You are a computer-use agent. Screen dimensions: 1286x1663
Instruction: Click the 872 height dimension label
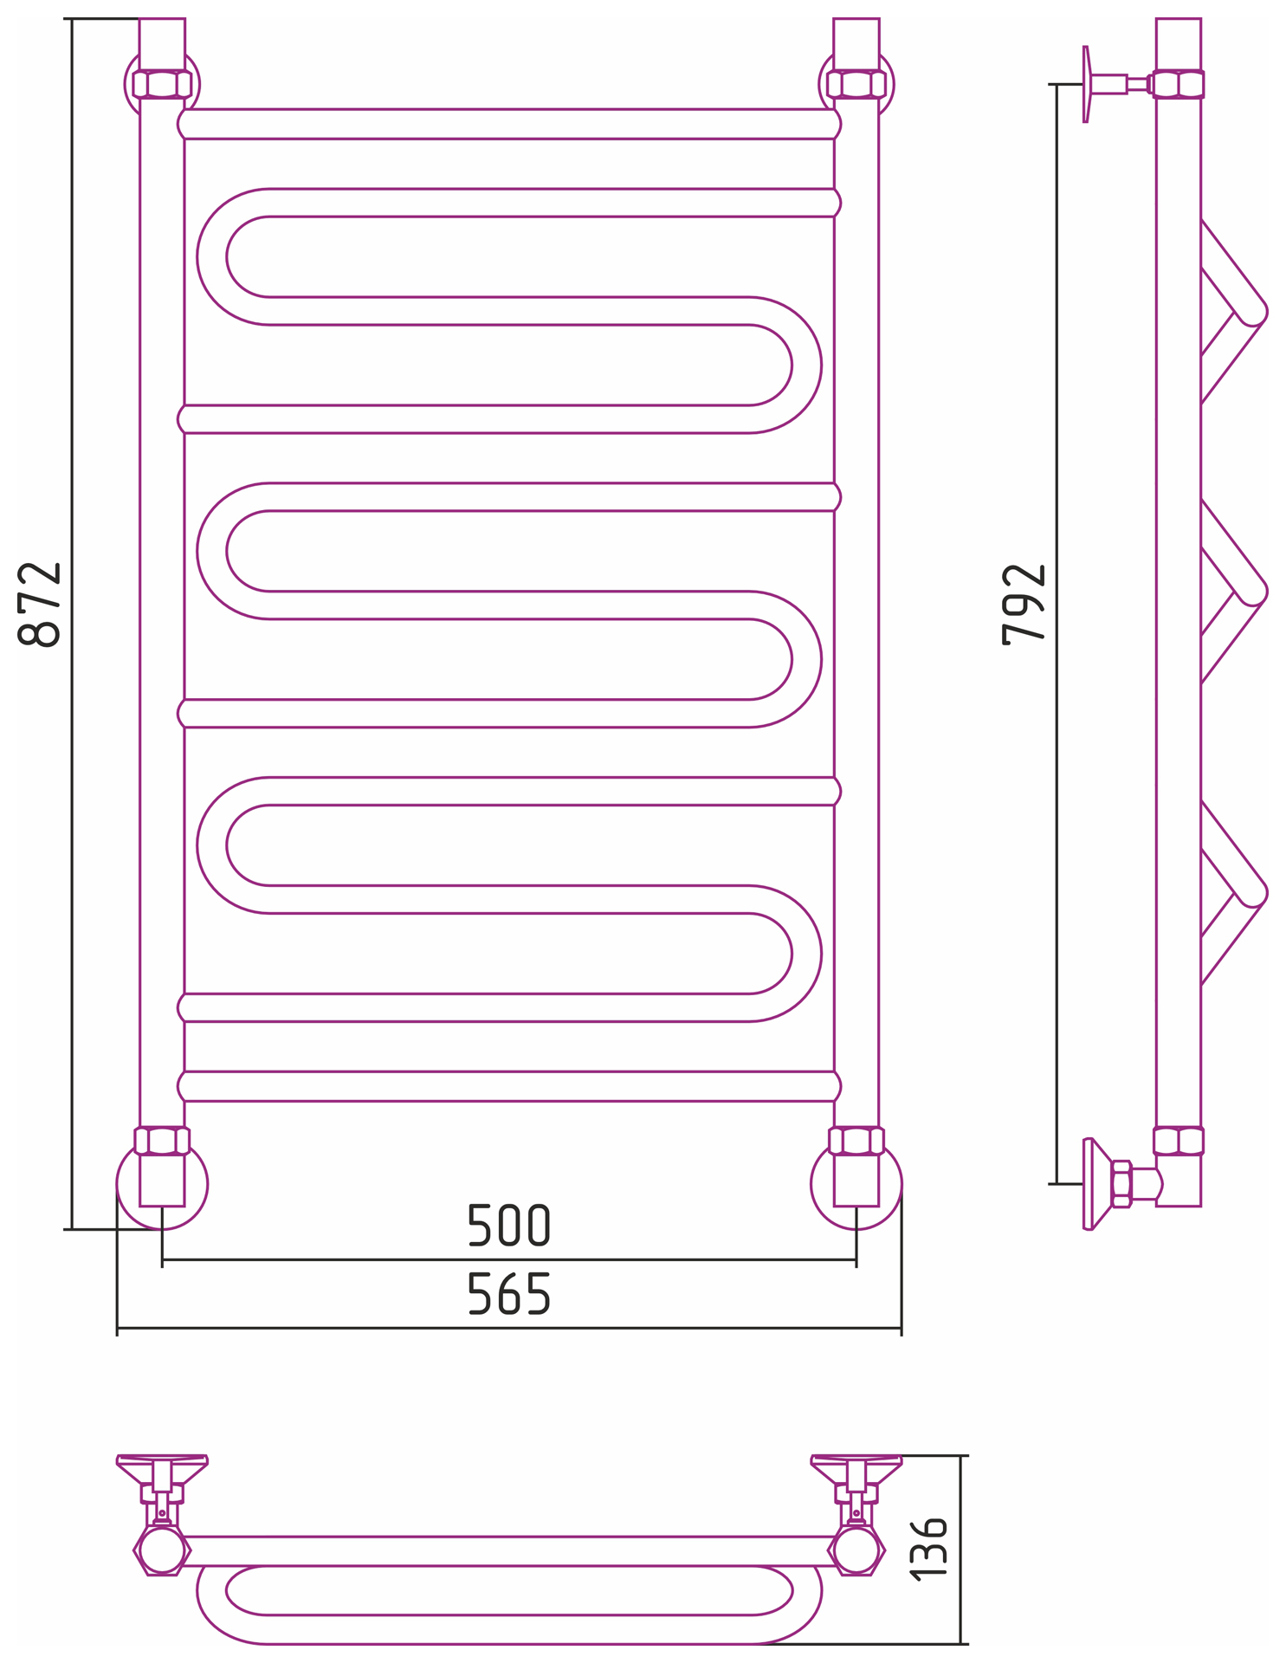pyautogui.click(x=40, y=604)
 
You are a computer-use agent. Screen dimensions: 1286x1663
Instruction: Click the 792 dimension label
pyautogui.click(x=1024, y=605)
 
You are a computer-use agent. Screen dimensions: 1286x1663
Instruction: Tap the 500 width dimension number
pyautogui.click(x=509, y=1225)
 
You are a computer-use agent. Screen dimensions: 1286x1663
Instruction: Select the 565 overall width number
pyautogui.click(x=509, y=1294)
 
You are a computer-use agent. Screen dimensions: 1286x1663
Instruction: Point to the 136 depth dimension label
pyautogui.click(x=929, y=1550)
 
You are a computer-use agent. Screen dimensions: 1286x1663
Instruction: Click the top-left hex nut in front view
pyautogui.click(x=162, y=84)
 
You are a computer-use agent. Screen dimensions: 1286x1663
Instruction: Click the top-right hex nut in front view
pyautogui.click(x=856, y=84)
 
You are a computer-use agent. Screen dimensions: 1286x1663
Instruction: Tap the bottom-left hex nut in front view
pyautogui.click(x=162, y=1141)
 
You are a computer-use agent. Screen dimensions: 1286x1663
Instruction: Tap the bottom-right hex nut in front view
pyautogui.click(x=856, y=1141)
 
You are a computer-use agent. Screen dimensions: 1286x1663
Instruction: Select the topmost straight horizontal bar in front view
pyautogui.click(x=509, y=124)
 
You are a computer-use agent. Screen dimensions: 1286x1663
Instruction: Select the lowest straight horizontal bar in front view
pyautogui.click(x=509, y=1086)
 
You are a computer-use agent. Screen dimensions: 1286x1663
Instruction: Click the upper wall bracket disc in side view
pyautogui.click(x=1086, y=84)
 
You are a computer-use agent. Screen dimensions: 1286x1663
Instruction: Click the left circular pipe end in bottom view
pyautogui.click(x=162, y=1550)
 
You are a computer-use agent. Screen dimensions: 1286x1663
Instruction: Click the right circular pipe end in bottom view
pyautogui.click(x=856, y=1550)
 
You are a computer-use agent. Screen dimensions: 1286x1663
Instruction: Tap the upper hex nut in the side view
pyautogui.click(x=1179, y=84)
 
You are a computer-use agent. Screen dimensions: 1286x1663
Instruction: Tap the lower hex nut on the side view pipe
pyautogui.click(x=1179, y=1141)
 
